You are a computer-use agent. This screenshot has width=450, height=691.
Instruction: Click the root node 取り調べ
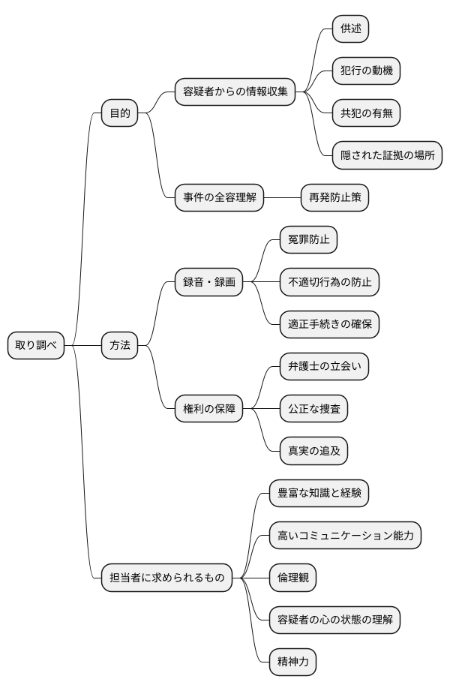coord(36,345)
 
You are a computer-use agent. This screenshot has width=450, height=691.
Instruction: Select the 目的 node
coord(120,113)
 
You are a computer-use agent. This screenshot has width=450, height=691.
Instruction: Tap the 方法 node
coord(120,345)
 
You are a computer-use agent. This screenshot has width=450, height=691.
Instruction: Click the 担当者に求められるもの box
coord(166,578)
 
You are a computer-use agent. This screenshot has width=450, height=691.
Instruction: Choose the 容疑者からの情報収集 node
coord(235,92)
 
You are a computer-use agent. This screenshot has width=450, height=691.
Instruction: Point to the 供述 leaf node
coord(351,29)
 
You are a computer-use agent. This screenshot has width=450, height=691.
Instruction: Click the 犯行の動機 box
coord(367,71)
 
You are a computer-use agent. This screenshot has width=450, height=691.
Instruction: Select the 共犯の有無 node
coord(367,113)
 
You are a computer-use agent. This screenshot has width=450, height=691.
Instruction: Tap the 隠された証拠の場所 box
coord(387,155)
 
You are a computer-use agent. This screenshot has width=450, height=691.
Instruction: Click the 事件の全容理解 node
coord(220,198)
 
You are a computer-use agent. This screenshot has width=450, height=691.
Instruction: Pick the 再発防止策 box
coord(334,198)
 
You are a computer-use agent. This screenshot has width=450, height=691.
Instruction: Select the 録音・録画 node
coord(209,282)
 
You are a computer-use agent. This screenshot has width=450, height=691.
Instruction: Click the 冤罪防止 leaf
coord(308,240)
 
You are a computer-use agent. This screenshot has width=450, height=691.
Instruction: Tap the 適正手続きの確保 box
coord(329,325)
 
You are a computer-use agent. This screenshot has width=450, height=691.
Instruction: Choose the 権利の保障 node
coord(209,409)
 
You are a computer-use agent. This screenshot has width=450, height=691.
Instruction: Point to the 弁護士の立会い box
coord(324,367)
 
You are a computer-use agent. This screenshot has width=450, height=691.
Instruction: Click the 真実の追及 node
coord(313,451)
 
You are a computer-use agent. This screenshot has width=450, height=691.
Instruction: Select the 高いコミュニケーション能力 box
coord(345,536)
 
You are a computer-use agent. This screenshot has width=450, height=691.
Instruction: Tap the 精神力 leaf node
coord(293,662)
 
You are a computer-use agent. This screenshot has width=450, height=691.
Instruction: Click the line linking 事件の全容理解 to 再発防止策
coord(283,198)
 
